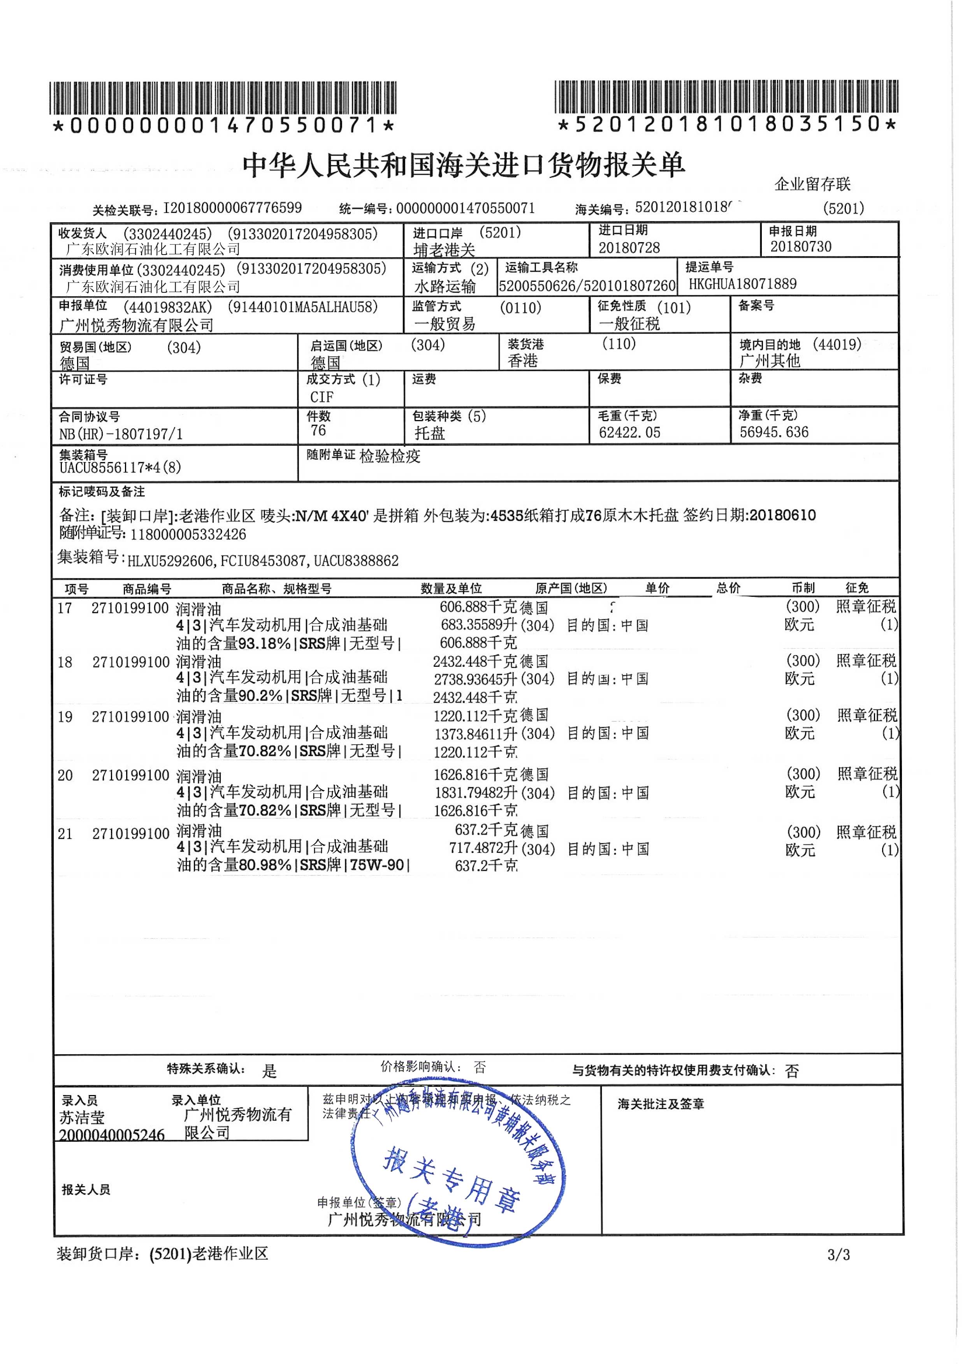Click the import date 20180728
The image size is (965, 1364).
point(629,247)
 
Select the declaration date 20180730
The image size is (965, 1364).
point(800,246)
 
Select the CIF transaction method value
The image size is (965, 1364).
point(322,396)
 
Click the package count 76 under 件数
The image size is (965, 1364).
point(318,430)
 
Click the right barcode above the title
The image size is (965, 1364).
point(726,97)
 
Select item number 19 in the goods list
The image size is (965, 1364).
point(65,717)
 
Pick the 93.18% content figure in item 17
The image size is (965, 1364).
point(264,643)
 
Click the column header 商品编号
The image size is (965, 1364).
point(147,589)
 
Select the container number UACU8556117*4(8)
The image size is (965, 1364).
point(120,467)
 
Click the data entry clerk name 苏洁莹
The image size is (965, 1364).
point(82,1118)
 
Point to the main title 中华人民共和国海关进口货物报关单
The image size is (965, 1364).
point(464,165)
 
